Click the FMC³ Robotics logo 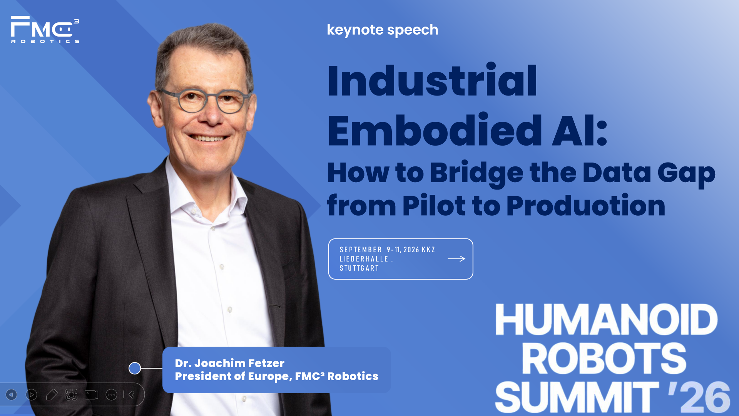click(45, 29)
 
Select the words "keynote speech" click(383, 30)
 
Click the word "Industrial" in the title click(432, 81)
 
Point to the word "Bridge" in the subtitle click(477, 173)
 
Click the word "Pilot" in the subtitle click(434, 206)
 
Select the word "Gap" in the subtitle click(686, 174)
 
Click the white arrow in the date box click(456, 259)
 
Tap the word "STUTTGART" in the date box click(359, 268)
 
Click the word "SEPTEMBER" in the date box click(361, 250)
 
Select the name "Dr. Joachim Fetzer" click(229, 363)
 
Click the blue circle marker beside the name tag click(135, 368)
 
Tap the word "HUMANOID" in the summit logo click(606, 320)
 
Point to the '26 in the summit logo click(699, 397)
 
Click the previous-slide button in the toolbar click(12, 394)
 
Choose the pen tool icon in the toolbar click(52, 394)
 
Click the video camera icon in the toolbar click(91, 394)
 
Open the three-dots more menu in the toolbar click(111, 394)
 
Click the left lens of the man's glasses click(192, 101)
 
